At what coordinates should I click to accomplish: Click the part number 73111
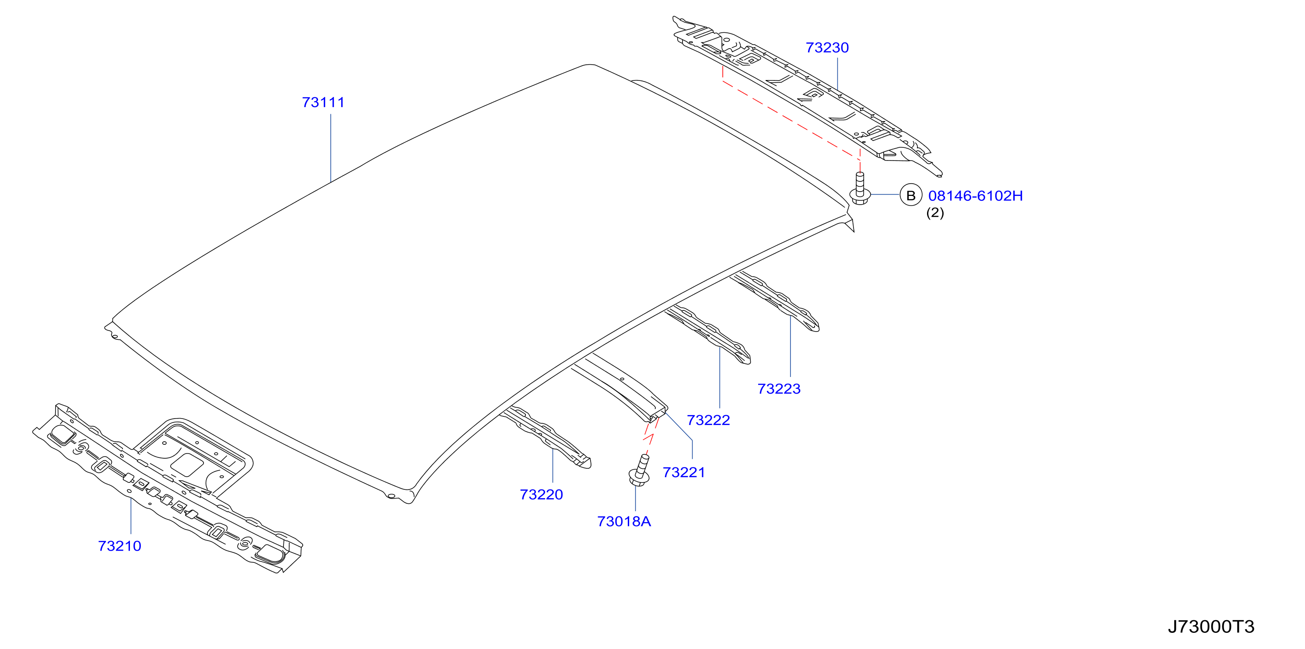tap(323, 102)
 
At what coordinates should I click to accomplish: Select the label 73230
tap(827, 48)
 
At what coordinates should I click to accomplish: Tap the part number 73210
tap(119, 546)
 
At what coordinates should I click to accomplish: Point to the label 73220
tap(542, 495)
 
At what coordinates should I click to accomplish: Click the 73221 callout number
tap(684, 472)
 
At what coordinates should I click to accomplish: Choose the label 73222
tap(708, 420)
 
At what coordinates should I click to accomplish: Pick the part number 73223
tap(779, 389)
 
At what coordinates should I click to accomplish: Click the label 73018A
tap(624, 521)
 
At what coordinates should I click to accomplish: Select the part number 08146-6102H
tap(976, 196)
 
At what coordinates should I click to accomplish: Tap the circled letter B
tap(911, 195)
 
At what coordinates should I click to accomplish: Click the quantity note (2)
tap(935, 213)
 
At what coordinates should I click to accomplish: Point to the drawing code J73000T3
tap(1211, 627)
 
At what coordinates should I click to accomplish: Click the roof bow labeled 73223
tap(775, 301)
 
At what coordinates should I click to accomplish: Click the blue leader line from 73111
tap(331, 148)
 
